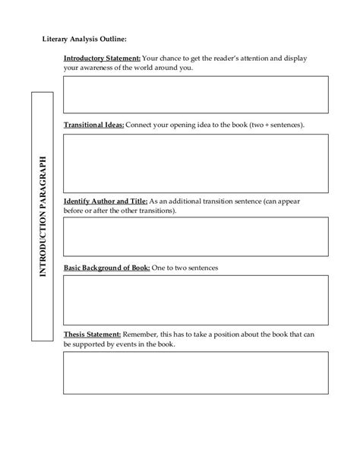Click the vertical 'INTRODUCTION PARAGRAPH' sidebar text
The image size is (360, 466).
click(x=43, y=216)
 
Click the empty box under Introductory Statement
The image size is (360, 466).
click(x=196, y=94)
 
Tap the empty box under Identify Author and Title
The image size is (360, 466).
click(x=196, y=236)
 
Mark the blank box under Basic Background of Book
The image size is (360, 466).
click(x=196, y=300)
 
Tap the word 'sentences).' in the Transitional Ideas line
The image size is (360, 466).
click(x=287, y=124)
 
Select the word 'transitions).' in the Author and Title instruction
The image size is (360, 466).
click(x=155, y=211)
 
